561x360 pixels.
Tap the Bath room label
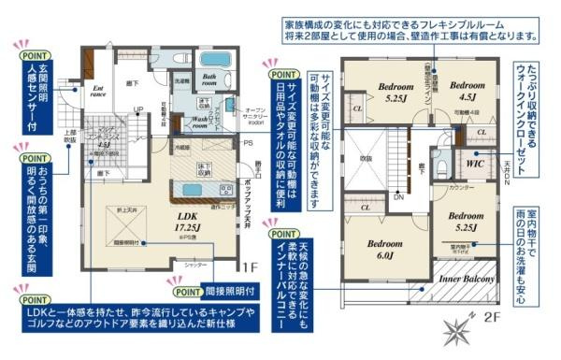pos(212,80)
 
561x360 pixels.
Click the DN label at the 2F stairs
pos(397,197)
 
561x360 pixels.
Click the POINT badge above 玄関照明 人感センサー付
pos(36,55)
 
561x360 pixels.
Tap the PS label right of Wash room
pos(248,143)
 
